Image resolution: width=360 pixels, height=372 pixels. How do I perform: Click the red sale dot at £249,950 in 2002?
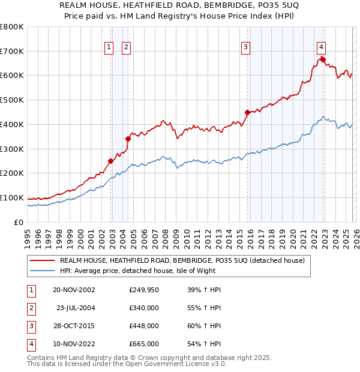pos(111,161)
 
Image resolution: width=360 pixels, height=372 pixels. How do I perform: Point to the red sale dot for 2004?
pos(128,139)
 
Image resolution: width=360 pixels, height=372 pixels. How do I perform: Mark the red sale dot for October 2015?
pos(248,112)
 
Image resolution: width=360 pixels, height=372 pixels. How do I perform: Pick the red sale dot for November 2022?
pos(323,59)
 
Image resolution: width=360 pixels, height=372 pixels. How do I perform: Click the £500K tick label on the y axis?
pos(11,100)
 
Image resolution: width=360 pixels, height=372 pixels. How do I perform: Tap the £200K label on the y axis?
pos(11,173)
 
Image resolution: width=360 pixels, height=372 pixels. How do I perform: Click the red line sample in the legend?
pos(43,260)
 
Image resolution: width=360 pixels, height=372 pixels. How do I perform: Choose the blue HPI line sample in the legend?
pos(43,271)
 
